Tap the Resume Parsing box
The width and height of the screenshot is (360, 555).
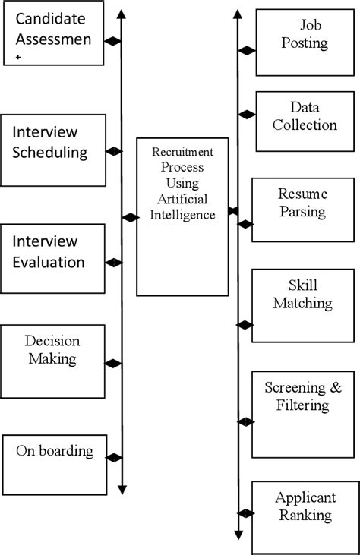click(302, 210)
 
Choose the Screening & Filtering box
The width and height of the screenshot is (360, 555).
click(302, 414)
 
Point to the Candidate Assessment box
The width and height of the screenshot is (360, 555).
click(52, 36)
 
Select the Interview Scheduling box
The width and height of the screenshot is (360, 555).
click(53, 150)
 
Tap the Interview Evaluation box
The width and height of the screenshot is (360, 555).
click(52, 258)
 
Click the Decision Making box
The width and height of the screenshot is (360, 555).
click(52, 361)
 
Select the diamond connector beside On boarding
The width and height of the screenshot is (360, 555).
click(114, 457)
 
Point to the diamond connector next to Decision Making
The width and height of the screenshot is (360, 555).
click(113, 364)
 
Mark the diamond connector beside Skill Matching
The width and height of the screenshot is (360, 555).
click(245, 325)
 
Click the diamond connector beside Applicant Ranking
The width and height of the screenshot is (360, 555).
click(245, 513)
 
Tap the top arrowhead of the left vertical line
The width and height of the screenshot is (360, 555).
click(122, 12)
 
